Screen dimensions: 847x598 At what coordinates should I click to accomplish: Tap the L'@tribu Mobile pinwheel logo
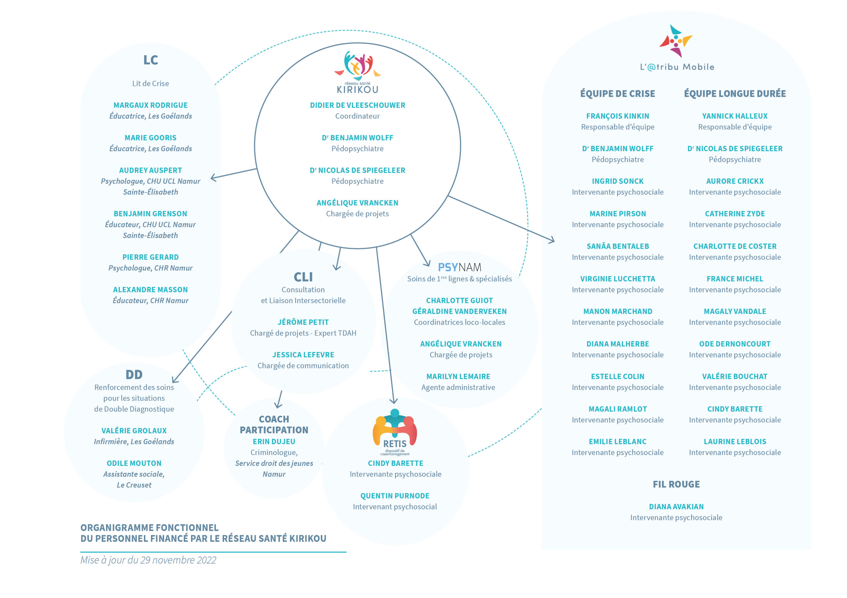[676, 41]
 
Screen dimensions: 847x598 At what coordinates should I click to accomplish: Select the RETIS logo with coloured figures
[395, 432]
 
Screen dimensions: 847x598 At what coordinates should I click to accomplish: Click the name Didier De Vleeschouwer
[357, 105]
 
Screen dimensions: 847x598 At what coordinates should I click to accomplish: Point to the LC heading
[151, 60]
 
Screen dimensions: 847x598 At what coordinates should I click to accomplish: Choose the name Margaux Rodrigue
[151, 105]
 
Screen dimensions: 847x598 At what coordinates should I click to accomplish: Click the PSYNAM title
[459, 267]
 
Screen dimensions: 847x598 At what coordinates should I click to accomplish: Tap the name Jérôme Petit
[303, 322]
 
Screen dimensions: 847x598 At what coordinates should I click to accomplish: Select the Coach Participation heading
[274, 425]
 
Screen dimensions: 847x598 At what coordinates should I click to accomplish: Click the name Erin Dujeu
[274, 441]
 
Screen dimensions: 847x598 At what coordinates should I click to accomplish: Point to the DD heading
[134, 375]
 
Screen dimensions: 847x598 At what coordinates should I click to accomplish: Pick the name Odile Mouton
[134, 463]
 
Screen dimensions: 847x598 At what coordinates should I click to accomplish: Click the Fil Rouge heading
[676, 484]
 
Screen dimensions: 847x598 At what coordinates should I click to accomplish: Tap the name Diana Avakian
[676, 506]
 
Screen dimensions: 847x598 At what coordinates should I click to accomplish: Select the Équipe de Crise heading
[617, 93]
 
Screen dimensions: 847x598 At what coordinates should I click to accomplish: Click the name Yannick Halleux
[735, 116]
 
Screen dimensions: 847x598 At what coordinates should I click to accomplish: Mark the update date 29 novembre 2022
[178, 560]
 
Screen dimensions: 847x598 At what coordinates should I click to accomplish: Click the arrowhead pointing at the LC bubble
[214, 178]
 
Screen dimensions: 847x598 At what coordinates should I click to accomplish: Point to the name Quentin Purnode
[395, 496]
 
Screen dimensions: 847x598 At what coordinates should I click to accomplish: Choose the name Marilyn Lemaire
[458, 377]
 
